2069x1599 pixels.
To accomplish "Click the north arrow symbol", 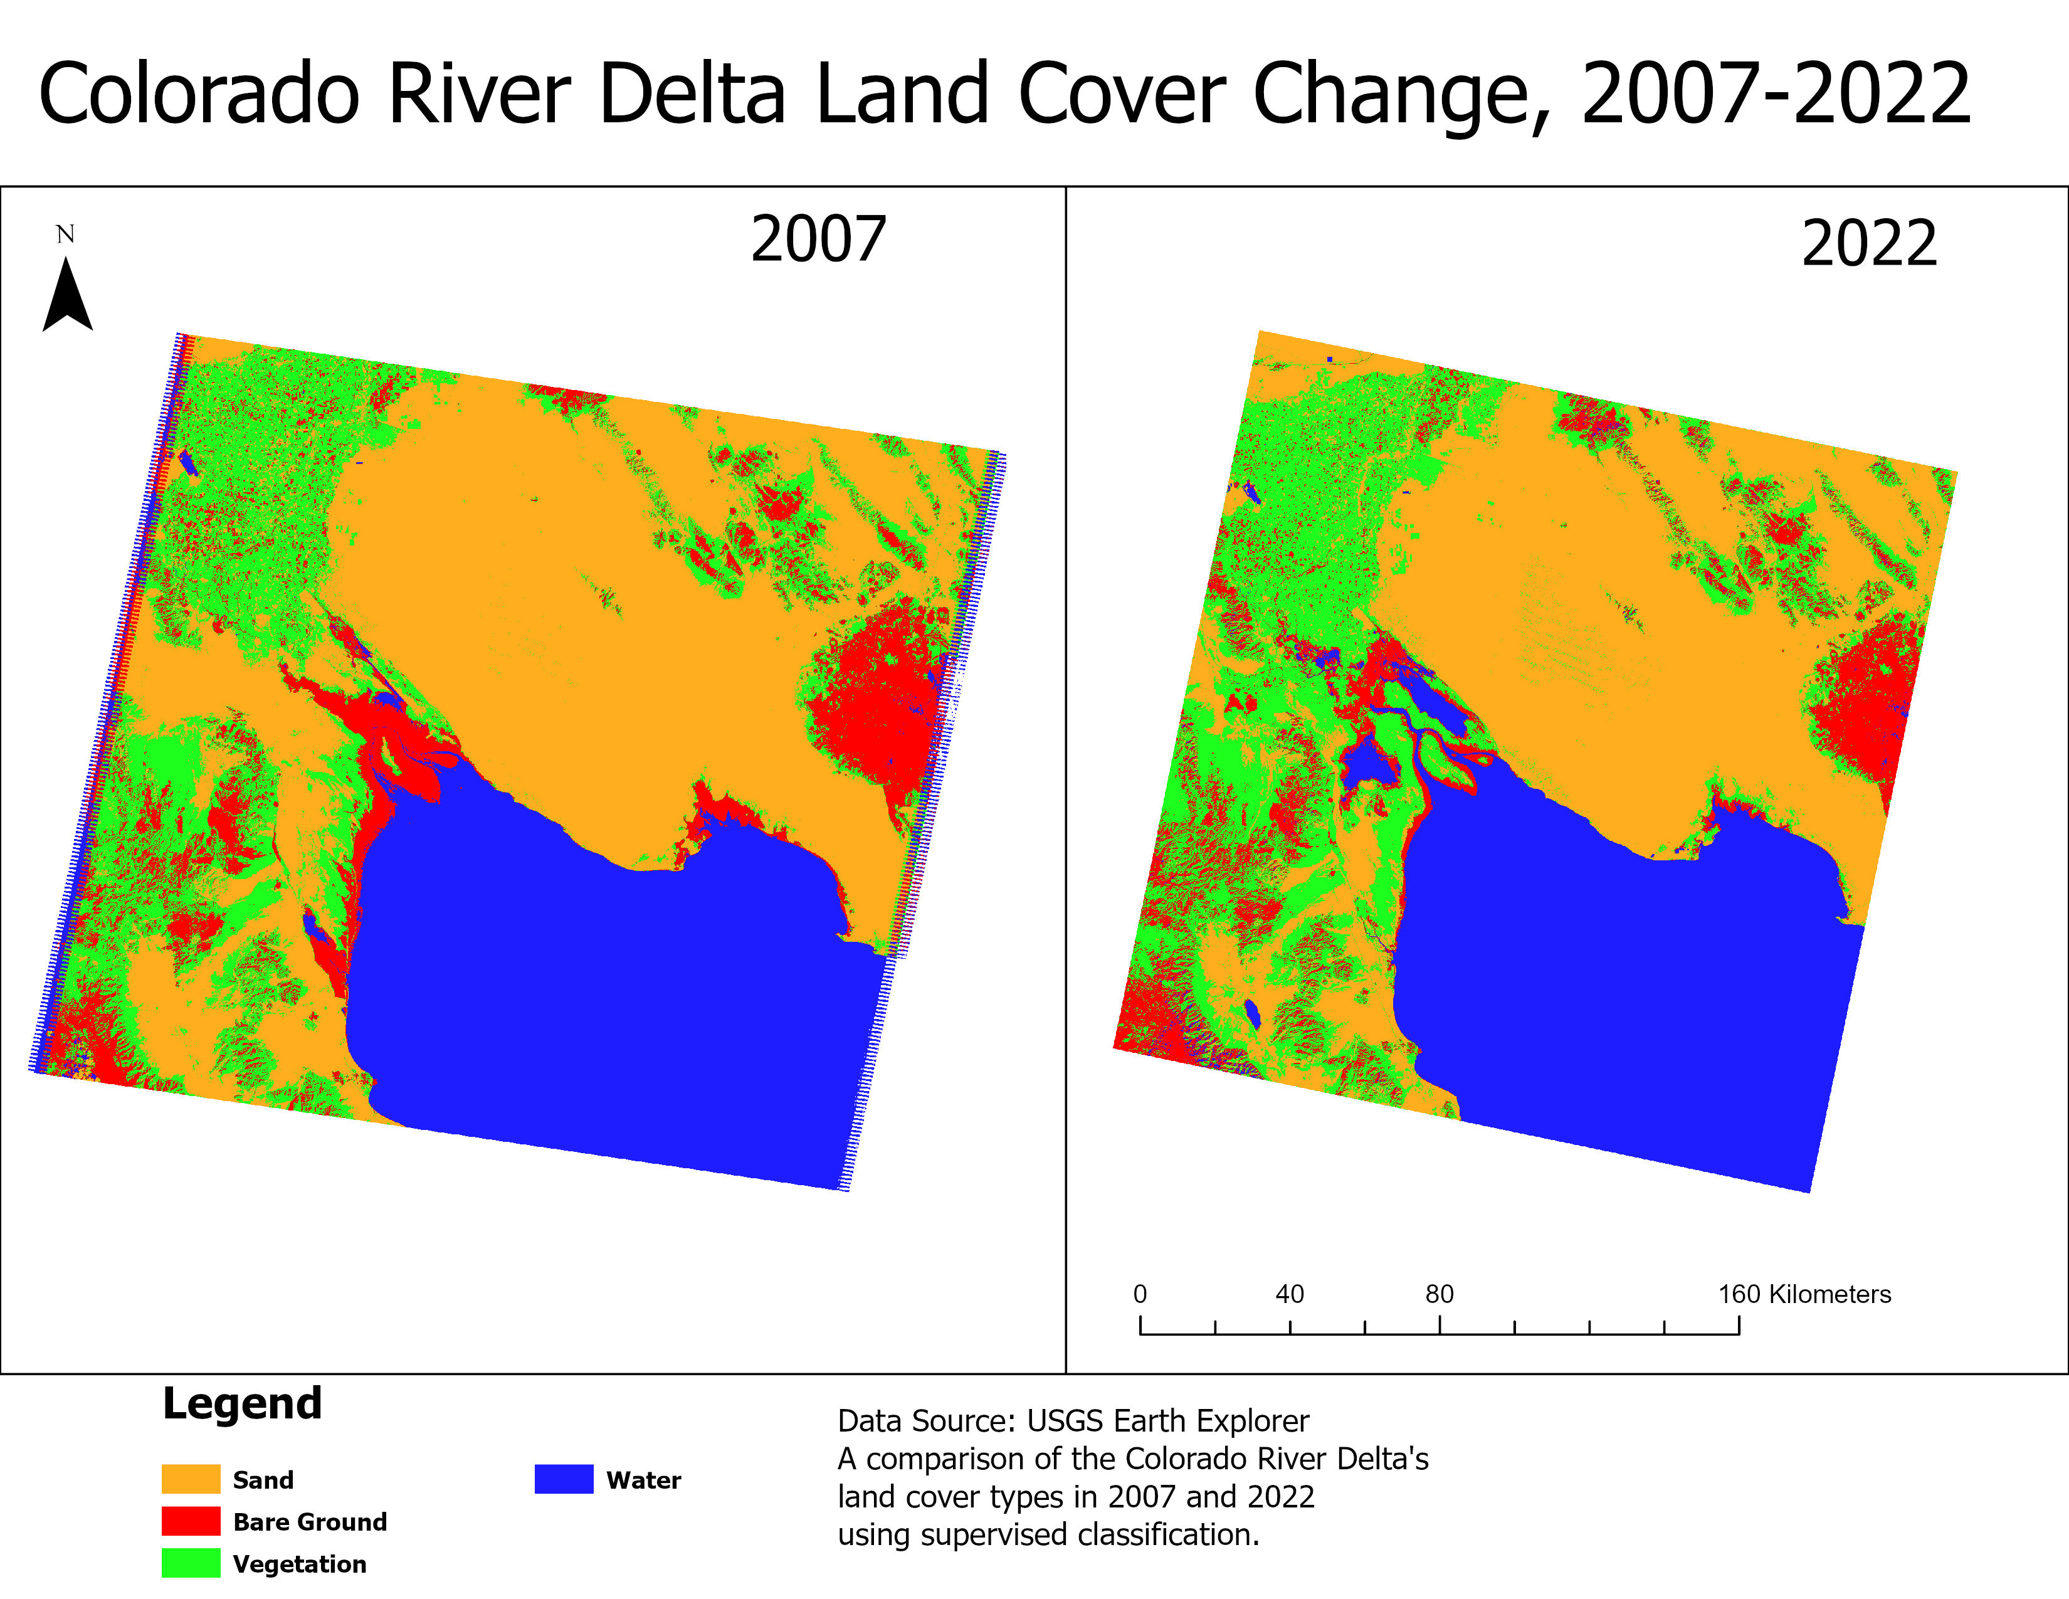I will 67,297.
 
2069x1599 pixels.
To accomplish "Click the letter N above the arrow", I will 65,234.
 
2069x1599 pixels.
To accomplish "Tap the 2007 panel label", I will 818,240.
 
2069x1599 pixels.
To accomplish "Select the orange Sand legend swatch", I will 191,1479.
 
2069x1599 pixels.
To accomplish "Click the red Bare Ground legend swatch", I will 191,1521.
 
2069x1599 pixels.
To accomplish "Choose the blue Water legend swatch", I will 564,1479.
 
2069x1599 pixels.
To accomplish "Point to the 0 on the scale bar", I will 1140,1294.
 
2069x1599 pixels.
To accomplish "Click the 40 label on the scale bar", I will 1289,1294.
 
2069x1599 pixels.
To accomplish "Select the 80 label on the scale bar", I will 1439,1294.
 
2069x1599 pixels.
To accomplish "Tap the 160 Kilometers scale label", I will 1804,1294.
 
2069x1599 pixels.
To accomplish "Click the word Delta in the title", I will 693,94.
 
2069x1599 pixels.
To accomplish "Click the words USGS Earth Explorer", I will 1167,1421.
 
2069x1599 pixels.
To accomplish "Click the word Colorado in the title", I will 199,94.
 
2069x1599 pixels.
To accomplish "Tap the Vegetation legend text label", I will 299,1564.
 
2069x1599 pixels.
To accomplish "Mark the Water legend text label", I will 643,1480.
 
